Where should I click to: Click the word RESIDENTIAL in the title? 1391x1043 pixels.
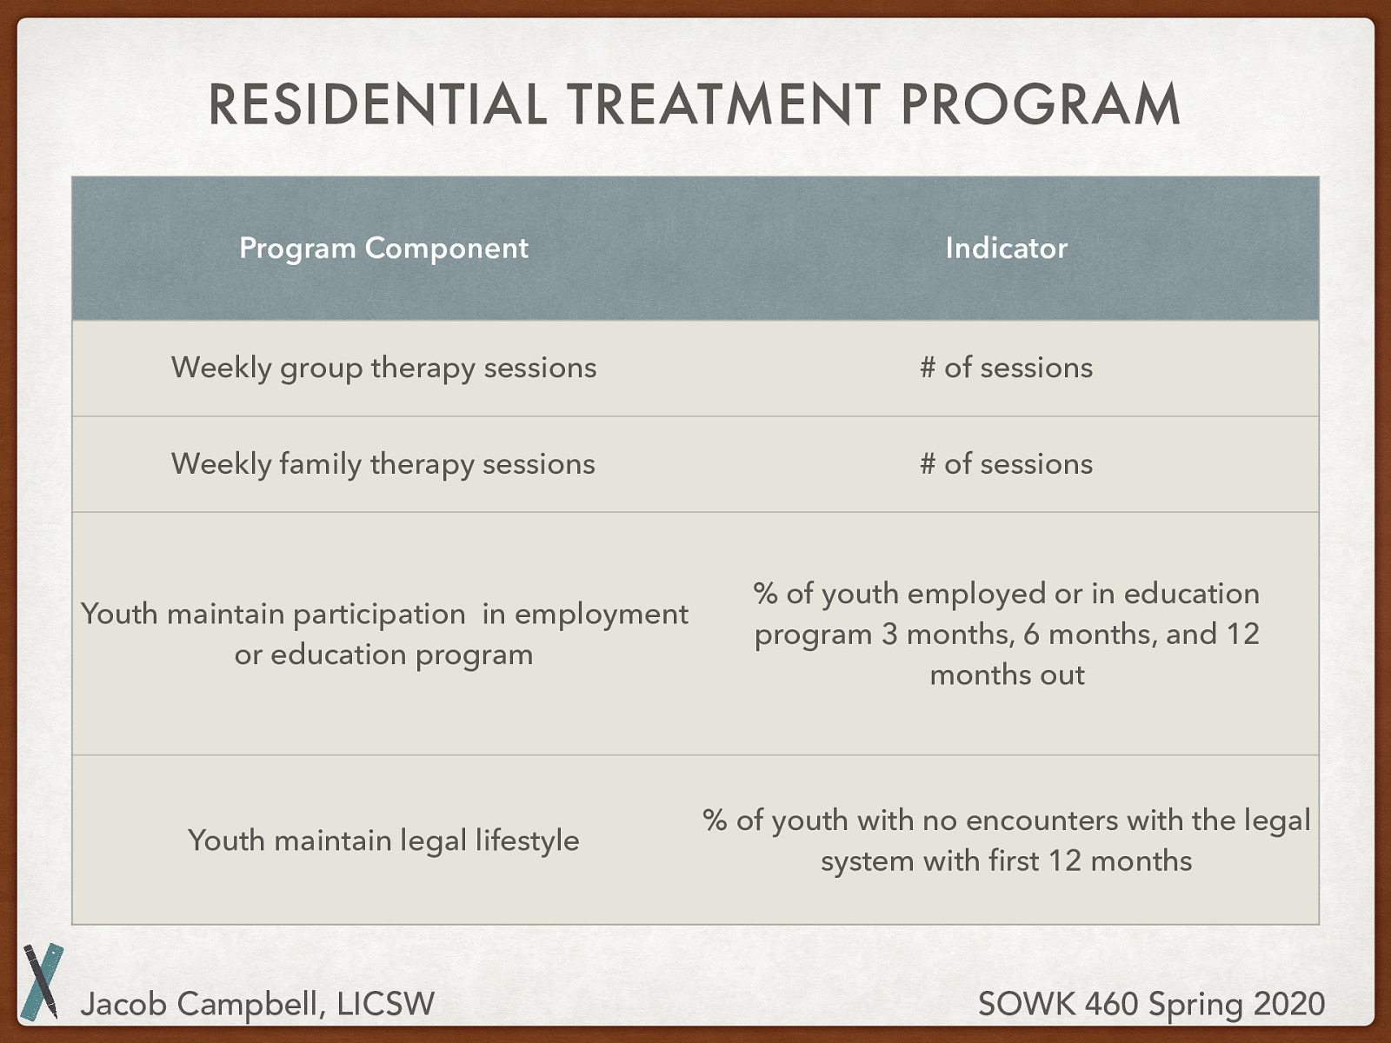point(377,103)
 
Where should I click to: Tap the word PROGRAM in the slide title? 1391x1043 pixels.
point(1040,103)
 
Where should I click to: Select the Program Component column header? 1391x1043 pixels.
point(383,249)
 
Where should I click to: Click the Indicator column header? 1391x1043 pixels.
point(1007,249)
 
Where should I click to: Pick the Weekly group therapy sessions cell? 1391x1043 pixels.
point(384,369)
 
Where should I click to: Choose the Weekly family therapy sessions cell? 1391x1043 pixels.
point(383,464)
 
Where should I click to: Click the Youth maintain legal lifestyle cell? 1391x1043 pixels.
point(383,841)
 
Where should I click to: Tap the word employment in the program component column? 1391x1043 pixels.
point(601,615)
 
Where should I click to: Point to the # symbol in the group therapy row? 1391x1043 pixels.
point(928,368)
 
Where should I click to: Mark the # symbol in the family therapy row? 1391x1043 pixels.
point(928,463)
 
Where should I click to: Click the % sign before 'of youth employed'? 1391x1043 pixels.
point(766,594)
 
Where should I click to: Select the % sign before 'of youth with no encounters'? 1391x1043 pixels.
point(715,820)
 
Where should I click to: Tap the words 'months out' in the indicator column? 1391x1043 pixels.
point(1007,675)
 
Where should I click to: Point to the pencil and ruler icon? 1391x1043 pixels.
point(43,981)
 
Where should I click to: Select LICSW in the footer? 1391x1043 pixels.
point(386,1004)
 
